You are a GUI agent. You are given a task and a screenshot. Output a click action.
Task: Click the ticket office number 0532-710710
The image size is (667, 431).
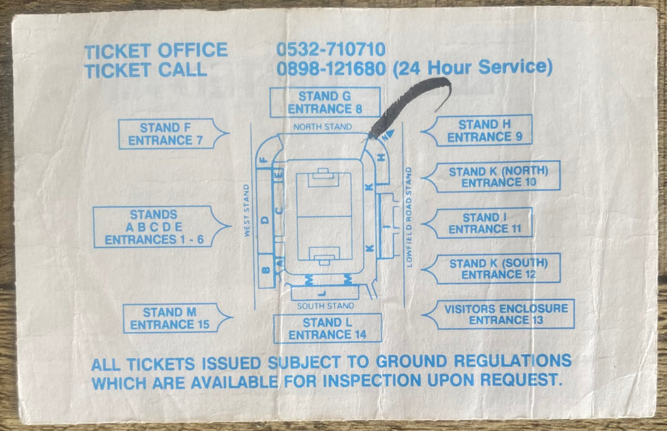tap(331, 49)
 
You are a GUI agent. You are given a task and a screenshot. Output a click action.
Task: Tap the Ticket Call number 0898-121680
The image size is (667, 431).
tap(331, 68)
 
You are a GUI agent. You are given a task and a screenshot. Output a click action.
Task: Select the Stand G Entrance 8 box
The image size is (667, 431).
tap(325, 102)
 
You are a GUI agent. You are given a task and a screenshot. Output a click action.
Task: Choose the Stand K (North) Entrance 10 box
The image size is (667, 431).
tap(491, 176)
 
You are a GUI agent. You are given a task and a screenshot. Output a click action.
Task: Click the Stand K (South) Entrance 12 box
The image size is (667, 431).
tap(491, 269)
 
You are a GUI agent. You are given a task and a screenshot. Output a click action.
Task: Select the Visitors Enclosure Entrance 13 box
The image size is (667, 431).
tap(498, 314)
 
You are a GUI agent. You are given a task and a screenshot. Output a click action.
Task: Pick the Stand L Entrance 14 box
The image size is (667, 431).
tap(328, 329)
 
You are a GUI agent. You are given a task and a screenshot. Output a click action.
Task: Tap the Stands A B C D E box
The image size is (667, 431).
tap(162, 227)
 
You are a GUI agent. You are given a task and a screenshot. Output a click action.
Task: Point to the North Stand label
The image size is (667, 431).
tap(322, 127)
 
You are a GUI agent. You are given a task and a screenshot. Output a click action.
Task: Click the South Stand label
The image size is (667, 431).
tap(326, 305)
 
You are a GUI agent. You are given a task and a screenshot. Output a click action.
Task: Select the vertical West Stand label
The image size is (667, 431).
tap(247, 210)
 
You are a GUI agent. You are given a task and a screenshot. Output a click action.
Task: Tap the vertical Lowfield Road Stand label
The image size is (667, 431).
tap(409, 217)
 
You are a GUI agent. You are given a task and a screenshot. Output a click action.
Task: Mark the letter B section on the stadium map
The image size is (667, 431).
tap(266, 270)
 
